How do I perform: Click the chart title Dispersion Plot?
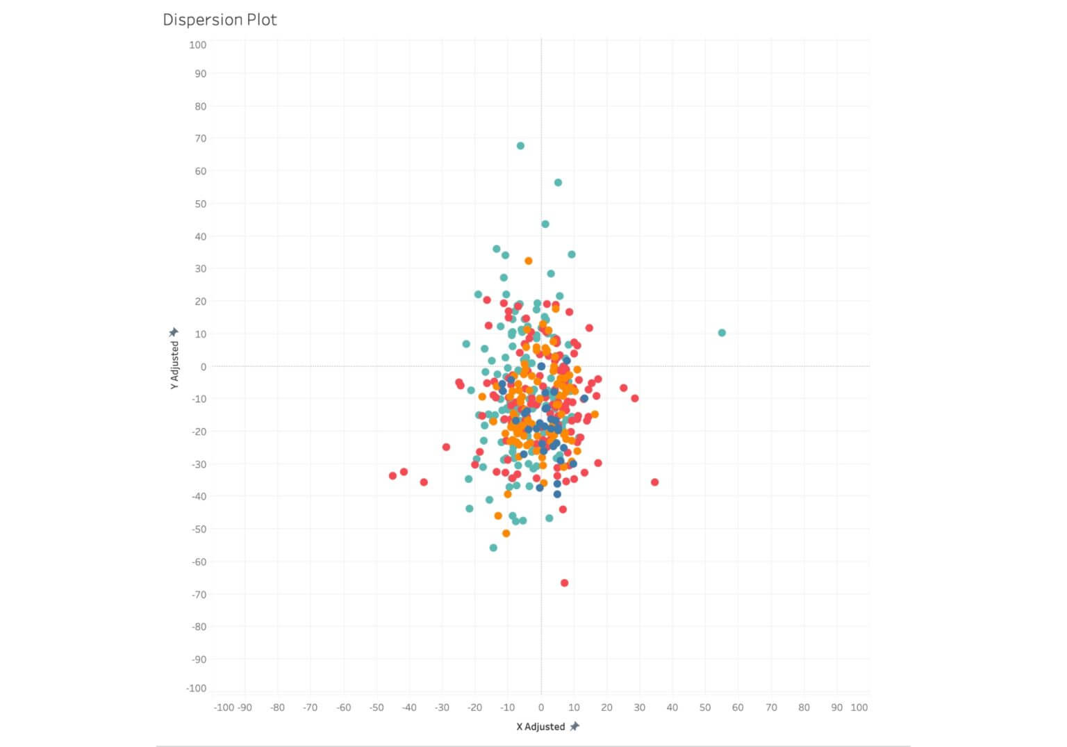[x=220, y=19]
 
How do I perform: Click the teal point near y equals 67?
[x=520, y=146]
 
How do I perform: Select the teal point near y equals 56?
[x=558, y=183]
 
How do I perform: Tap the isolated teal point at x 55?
[x=722, y=333]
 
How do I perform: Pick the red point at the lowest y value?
[x=564, y=583]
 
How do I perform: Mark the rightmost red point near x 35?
[x=654, y=482]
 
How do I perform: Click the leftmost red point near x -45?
[x=392, y=476]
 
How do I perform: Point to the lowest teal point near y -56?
[x=493, y=548]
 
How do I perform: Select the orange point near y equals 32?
[x=529, y=261]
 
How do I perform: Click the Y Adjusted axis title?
[x=174, y=365]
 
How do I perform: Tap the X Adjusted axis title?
[x=540, y=727]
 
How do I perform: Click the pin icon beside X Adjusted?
[x=574, y=726]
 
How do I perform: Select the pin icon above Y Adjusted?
[x=174, y=332]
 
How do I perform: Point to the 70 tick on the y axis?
[x=200, y=138]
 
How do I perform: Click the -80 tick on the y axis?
[x=199, y=626]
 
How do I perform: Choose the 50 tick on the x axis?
[x=705, y=707]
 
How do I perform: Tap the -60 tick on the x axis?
[x=343, y=707]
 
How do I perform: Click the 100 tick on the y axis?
[x=197, y=44]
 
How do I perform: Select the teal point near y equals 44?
[x=545, y=224]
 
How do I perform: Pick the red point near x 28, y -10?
[x=634, y=398]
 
